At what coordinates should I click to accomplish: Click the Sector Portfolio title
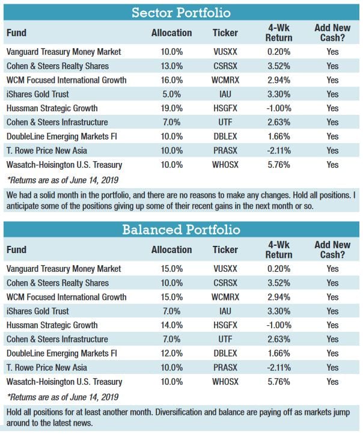[181, 12]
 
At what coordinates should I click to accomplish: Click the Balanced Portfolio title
[181, 229]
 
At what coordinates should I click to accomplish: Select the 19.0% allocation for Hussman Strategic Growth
[171, 108]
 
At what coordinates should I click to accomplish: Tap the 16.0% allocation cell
[171, 79]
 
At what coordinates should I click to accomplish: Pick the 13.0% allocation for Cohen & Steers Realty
[171, 66]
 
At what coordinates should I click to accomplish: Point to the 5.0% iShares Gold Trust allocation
[171, 94]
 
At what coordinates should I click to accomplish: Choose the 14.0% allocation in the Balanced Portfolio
[171, 325]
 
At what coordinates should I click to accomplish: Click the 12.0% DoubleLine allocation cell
[171, 353]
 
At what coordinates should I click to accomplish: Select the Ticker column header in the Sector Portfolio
[225, 33]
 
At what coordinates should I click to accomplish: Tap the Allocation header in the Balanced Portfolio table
[171, 250]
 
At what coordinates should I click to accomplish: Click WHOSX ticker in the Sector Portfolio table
[225, 164]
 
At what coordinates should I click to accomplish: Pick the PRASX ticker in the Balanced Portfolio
[225, 367]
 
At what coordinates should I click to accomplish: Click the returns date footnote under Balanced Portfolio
[63, 397]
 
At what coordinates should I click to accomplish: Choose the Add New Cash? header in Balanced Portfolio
[332, 250]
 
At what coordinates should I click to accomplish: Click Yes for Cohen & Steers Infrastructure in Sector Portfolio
[332, 122]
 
